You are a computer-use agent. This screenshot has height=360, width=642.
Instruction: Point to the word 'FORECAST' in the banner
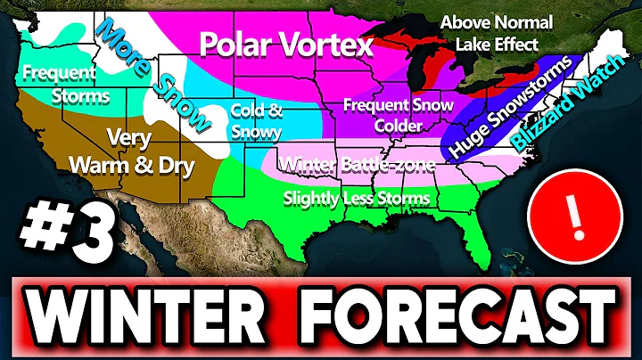457,314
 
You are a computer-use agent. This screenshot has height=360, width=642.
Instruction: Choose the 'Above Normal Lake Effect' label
498,32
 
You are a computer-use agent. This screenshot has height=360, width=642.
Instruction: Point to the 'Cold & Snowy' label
256,122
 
